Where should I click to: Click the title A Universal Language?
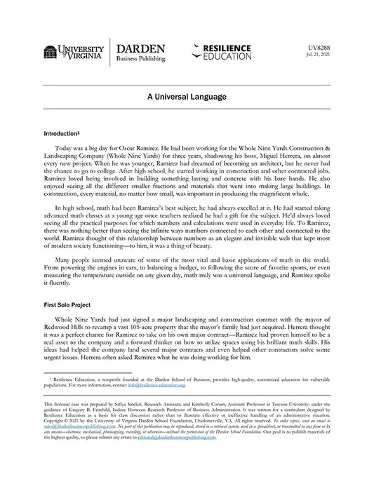pyautogui.click(x=187, y=95)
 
